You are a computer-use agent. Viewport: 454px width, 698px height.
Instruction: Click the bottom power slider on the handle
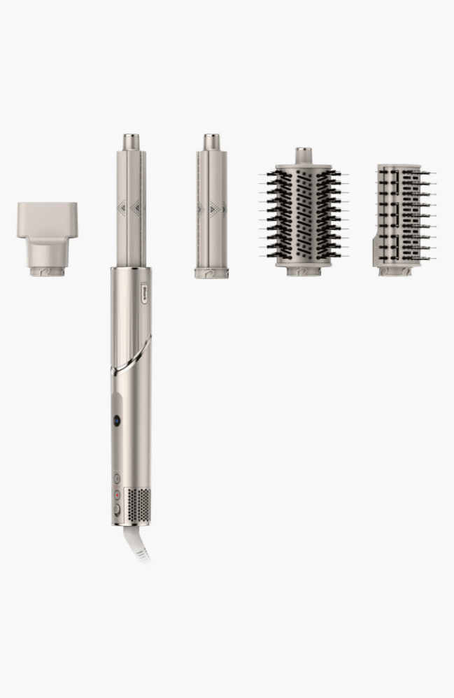click(117, 511)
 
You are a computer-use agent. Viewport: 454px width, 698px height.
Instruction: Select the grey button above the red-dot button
click(117, 480)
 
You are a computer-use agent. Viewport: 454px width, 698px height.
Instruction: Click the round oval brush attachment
click(303, 217)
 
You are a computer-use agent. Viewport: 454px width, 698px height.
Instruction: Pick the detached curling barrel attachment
click(211, 210)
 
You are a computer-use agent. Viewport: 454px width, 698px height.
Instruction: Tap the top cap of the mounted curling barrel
click(131, 142)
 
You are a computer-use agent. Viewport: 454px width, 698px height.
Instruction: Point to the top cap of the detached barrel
click(211, 142)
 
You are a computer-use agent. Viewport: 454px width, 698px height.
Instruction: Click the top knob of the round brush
click(303, 155)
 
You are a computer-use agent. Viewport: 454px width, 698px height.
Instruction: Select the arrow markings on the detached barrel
click(211, 208)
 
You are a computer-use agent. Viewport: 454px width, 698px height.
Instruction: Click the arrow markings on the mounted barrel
click(131, 206)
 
